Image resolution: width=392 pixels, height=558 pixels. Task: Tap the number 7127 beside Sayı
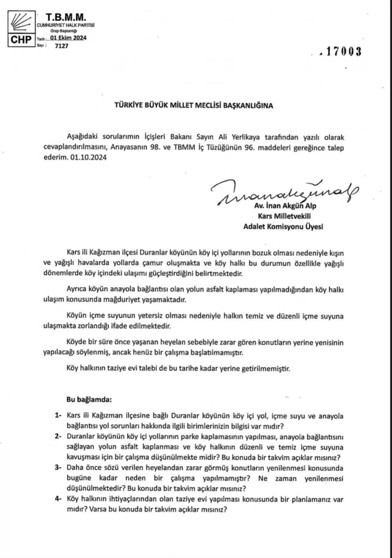pos(61,46)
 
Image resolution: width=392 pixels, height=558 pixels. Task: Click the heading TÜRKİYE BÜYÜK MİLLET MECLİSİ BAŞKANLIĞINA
pos(194,105)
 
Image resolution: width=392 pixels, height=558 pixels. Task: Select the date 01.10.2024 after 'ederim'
pos(87,158)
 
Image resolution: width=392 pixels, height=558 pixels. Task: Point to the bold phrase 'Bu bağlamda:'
pos(89,400)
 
